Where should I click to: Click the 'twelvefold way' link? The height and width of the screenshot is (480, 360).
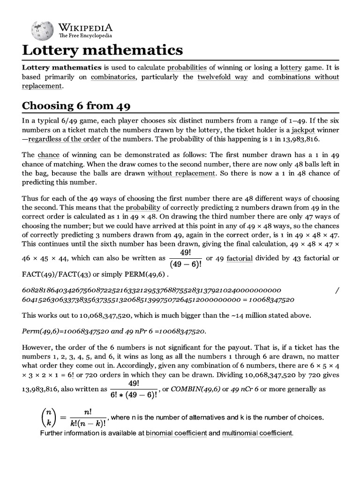coord(222,77)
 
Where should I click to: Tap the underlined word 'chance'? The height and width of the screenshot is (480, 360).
coord(49,155)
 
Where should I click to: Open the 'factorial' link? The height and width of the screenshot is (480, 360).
coord(240,258)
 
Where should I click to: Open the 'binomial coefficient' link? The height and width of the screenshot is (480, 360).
coord(176,433)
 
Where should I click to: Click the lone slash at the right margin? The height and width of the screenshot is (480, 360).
coord(337,290)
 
